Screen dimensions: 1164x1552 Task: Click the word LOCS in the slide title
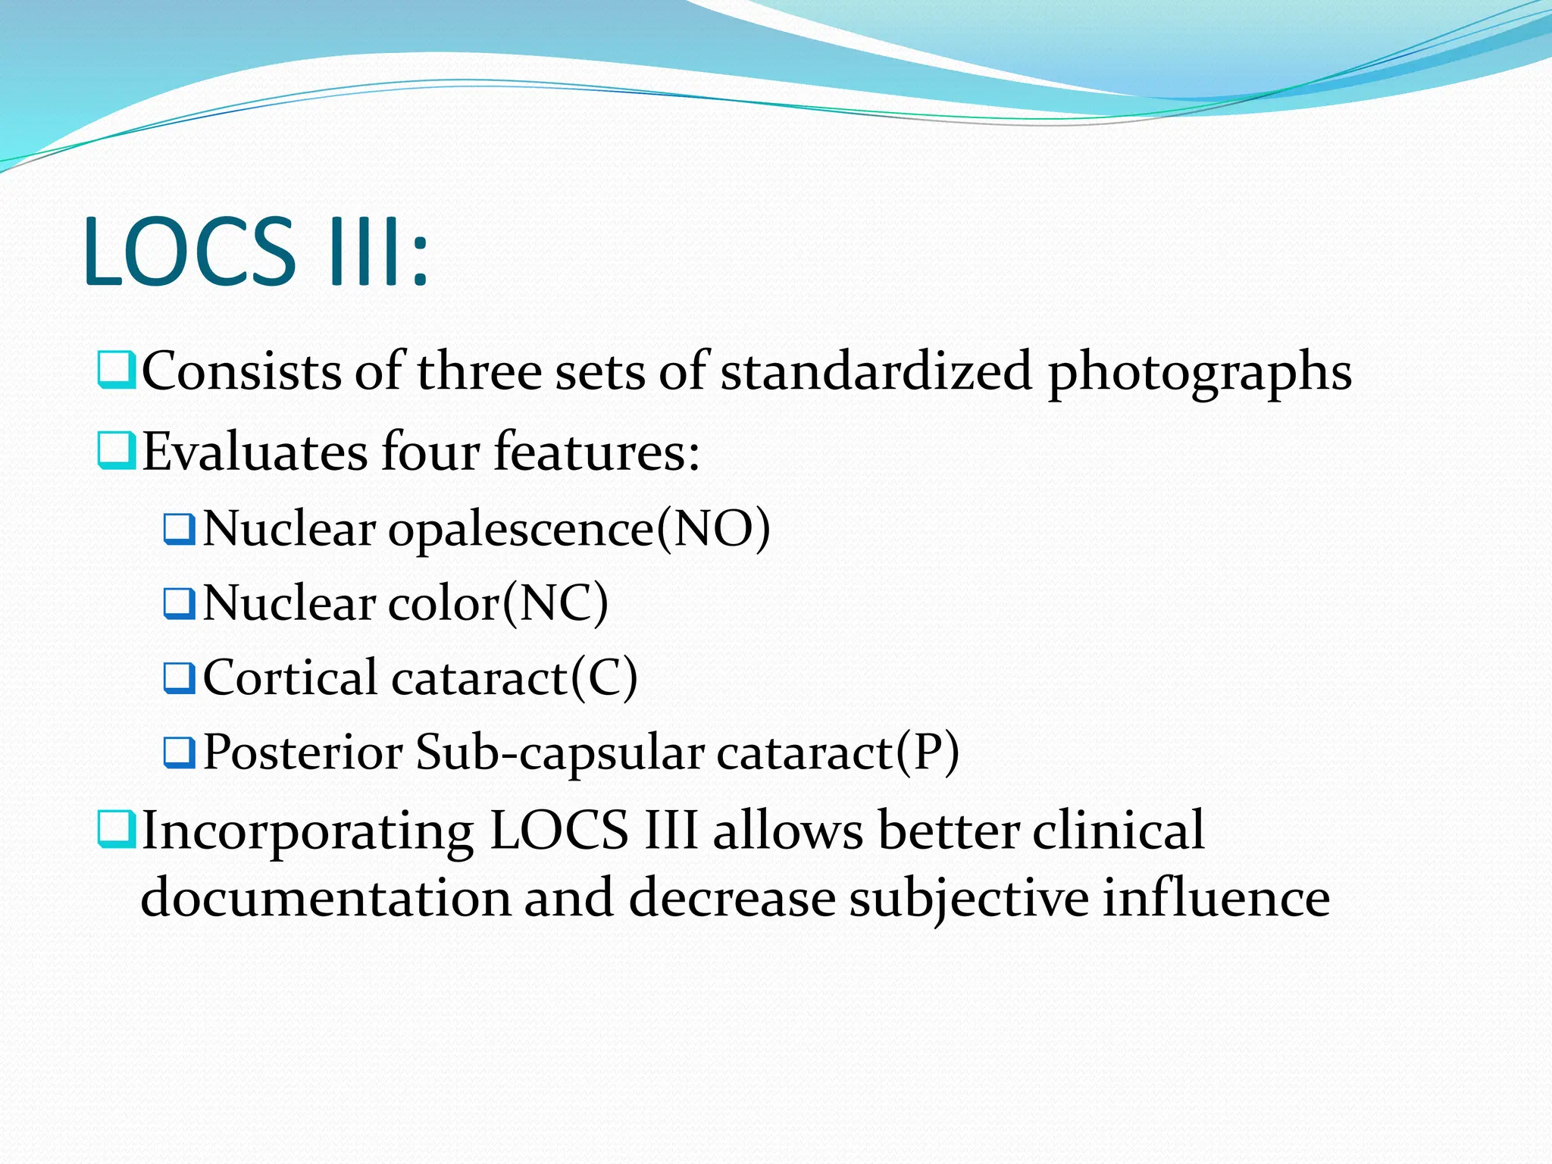189,252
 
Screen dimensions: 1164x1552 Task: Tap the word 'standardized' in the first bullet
876,371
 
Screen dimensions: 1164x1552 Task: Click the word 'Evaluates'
255,452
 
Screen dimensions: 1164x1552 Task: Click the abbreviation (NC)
555,603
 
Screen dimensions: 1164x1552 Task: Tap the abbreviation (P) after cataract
928,753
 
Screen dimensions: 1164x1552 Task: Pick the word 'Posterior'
303,753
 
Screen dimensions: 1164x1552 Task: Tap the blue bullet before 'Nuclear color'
180,603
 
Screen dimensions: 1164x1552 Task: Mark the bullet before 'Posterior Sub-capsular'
180,753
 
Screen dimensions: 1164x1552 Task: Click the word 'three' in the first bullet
479,371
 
